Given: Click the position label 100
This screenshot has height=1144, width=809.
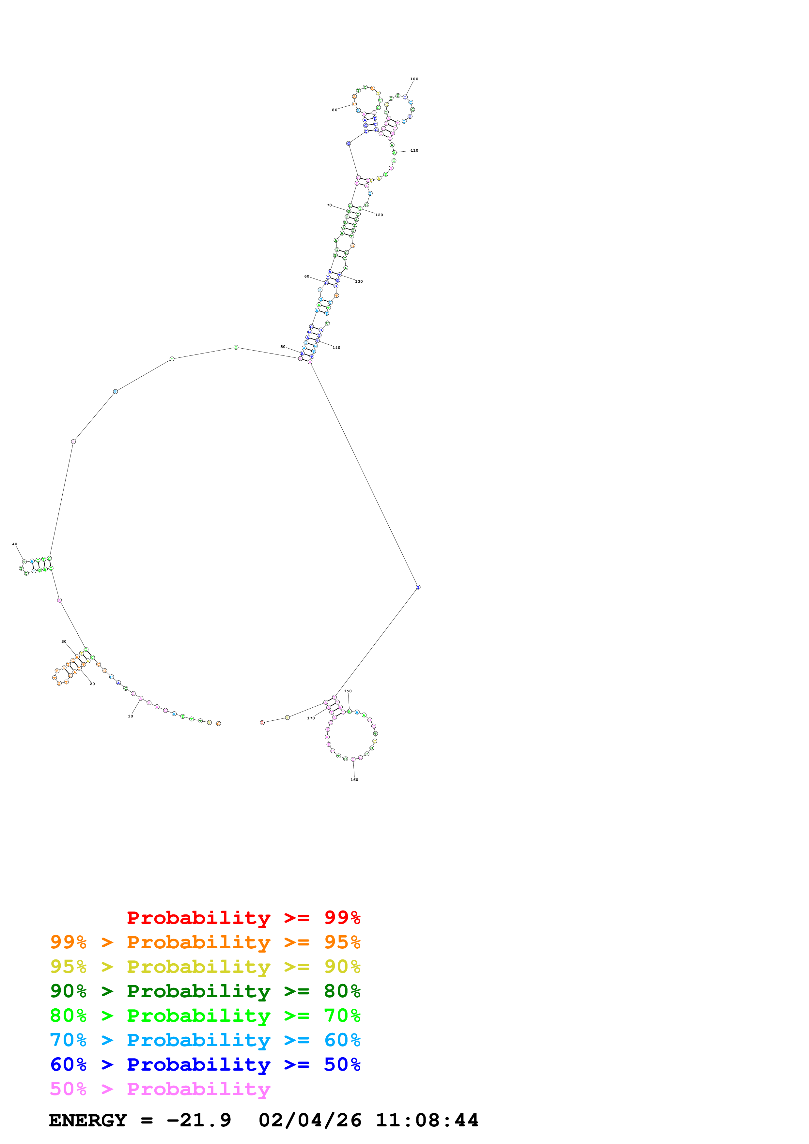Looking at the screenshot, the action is point(414,79).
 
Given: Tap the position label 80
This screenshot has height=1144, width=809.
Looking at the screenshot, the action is point(334,110).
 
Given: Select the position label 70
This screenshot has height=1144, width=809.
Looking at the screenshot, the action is point(329,205).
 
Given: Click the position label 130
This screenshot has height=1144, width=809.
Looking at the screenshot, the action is point(359,281).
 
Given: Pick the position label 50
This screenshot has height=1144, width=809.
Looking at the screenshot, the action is point(283,346).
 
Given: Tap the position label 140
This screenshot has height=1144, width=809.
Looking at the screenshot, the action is point(336,347).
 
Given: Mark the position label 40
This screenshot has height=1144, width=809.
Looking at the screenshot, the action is point(14,544).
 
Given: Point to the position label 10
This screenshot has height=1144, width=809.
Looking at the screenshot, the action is point(131,716).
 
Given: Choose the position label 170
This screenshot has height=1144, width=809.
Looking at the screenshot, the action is point(311,718).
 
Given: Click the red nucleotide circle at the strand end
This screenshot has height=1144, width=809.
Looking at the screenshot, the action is point(262,722).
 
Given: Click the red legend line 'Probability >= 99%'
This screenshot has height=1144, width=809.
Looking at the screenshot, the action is point(243,917).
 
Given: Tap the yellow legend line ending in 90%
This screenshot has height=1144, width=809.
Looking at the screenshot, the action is point(205,966).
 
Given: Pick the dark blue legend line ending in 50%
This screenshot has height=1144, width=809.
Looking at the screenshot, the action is point(205,1064).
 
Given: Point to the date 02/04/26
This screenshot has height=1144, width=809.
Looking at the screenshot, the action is point(310,1120).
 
